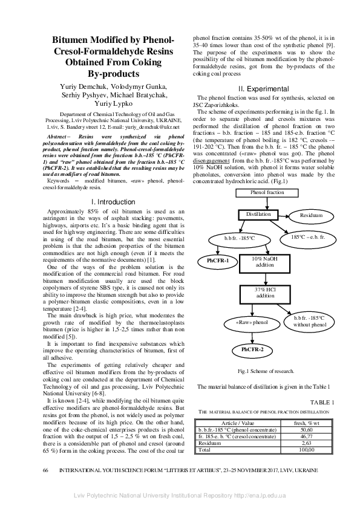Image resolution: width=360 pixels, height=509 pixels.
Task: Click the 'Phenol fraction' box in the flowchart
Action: tap(267, 192)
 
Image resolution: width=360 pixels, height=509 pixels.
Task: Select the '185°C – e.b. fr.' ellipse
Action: tap(308, 237)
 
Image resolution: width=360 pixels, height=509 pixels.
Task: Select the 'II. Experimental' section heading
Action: tap(266, 89)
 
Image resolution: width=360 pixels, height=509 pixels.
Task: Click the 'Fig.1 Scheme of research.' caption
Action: tap(266, 370)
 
